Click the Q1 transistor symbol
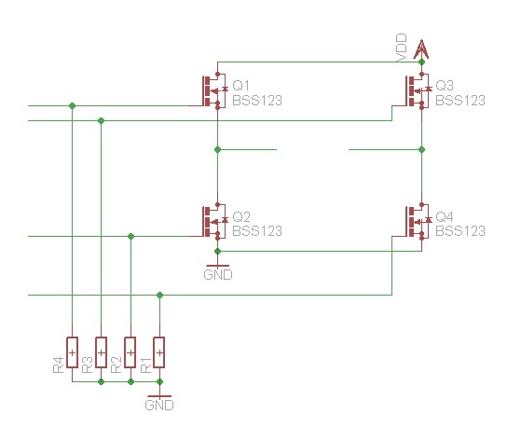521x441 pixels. point(215,90)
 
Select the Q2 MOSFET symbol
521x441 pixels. point(215,221)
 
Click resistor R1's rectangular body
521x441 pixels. point(159,352)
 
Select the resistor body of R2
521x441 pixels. point(130,352)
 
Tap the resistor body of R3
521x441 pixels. point(101,352)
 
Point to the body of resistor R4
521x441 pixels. point(72,352)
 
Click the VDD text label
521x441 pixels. point(402,48)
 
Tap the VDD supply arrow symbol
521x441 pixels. point(421,49)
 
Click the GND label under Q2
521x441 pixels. point(218,275)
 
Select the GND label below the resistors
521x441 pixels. point(159,406)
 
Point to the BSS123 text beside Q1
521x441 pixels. point(257,101)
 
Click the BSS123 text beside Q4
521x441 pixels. point(460,231)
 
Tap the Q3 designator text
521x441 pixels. point(445,86)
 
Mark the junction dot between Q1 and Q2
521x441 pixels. point(218,150)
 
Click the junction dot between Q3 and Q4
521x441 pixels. point(421,150)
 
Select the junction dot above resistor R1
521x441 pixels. point(159,296)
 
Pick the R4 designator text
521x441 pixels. point(58,365)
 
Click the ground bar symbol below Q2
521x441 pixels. point(218,266)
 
